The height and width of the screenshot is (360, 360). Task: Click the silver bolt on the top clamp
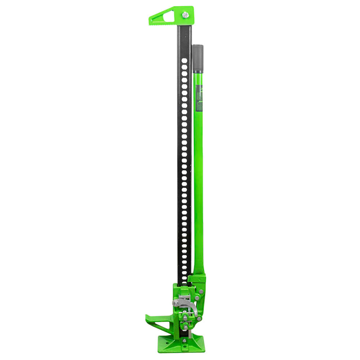[185, 15]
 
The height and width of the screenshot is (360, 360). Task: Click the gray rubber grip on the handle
[198, 58]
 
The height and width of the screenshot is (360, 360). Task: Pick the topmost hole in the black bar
[184, 61]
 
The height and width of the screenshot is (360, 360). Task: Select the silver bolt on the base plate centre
[185, 341]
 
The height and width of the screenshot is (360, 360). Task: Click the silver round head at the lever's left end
[176, 304]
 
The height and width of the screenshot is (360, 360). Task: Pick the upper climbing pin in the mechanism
[185, 318]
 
